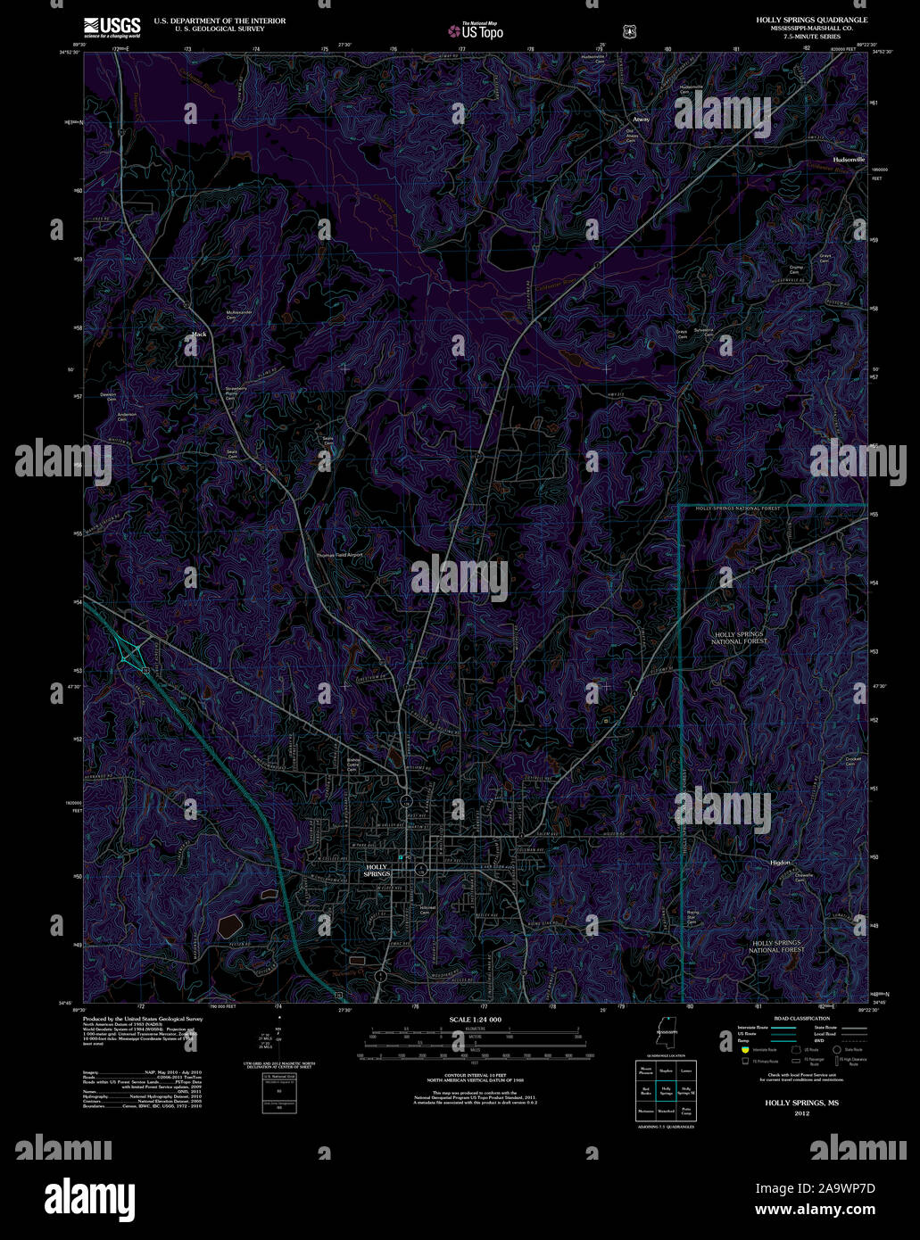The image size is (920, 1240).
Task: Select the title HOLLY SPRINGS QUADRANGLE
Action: point(811,20)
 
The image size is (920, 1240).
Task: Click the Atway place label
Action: point(641,119)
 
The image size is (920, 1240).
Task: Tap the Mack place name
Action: point(198,335)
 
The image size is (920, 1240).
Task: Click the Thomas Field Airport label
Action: point(340,555)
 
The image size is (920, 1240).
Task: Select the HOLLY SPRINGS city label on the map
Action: point(377,871)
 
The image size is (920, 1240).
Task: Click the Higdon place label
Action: point(780,864)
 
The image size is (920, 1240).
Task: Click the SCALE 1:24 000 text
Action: point(475,1019)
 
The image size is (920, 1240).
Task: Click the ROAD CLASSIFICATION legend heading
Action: point(801,1018)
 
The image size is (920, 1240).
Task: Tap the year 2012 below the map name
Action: point(800,1112)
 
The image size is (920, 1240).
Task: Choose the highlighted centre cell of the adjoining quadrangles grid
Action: point(666,1090)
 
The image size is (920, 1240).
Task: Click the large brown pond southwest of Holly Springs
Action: point(228,924)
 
